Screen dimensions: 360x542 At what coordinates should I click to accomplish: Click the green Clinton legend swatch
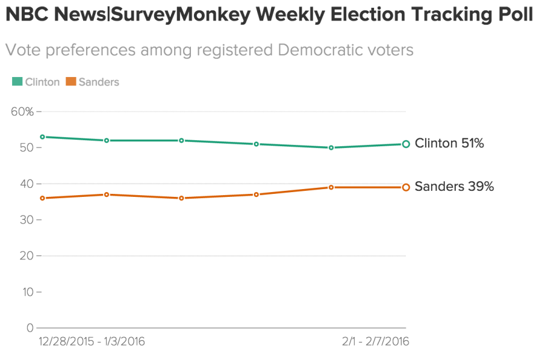[17, 82]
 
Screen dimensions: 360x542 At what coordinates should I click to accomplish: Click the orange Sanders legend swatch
[70, 82]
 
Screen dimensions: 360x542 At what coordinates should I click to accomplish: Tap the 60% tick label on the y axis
[22, 111]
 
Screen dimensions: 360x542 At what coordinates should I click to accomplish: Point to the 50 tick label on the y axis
[26, 147]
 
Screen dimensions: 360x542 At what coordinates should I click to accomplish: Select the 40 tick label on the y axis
[26, 184]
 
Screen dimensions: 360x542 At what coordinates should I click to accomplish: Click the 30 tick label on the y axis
[26, 220]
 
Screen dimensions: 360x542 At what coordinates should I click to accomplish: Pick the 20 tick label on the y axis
[26, 256]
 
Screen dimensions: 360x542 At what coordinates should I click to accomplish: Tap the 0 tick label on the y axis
[30, 328]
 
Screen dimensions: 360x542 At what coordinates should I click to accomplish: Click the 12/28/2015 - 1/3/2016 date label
[92, 342]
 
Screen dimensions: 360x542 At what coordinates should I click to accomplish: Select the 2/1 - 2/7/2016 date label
[375, 342]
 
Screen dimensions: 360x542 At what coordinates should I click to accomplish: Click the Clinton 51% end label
[449, 143]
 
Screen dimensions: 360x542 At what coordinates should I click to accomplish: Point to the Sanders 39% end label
[454, 187]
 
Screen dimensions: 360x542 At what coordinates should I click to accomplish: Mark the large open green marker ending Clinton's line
[406, 144]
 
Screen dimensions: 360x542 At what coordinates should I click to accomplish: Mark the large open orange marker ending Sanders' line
[406, 187]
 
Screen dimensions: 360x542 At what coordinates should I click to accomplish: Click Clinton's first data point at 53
[42, 137]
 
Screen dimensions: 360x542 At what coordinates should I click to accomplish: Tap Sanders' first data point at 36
[42, 198]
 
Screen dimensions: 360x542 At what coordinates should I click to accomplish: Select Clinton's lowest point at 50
[331, 147]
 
